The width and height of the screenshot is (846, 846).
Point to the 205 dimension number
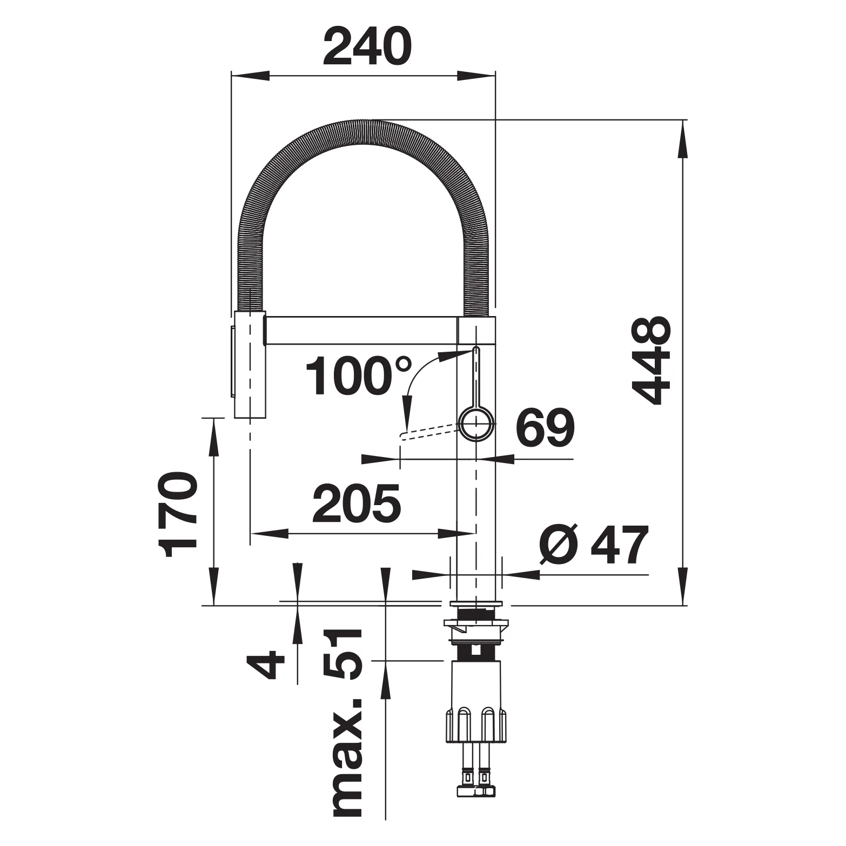pyautogui.click(x=357, y=503)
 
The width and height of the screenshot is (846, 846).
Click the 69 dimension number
pyautogui.click(x=545, y=430)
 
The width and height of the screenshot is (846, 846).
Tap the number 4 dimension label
pyautogui.click(x=265, y=664)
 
